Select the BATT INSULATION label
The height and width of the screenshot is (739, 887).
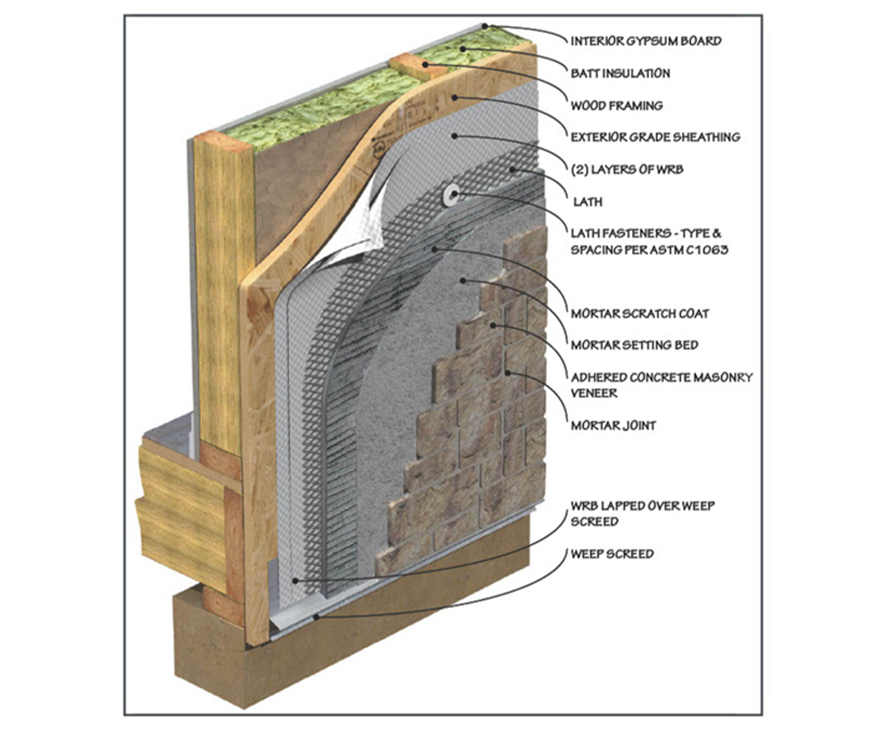[x=621, y=73]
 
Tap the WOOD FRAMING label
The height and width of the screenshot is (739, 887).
[x=617, y=106]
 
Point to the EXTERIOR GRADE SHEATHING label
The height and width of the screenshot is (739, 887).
[x=656, y=137]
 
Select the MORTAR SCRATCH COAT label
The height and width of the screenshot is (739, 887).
[x=639, y=313]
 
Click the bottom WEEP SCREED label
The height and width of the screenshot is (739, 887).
[x=611, y=553]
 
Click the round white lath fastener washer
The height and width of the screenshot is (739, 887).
[x=449, y=195]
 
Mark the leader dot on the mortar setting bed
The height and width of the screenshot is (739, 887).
[x=464, y=280]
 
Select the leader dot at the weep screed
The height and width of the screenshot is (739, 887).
[x=316, y=615]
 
